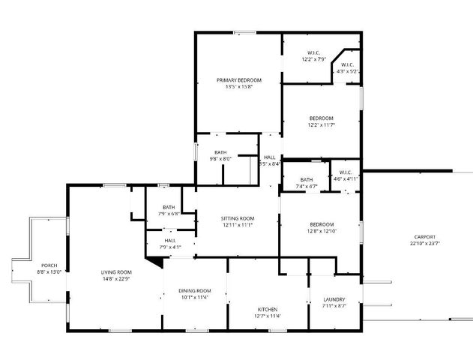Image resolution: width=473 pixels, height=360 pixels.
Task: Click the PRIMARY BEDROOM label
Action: pos(239,80)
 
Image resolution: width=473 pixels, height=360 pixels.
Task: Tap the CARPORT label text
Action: pos(424,236)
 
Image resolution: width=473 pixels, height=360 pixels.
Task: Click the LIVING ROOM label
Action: pos(116,271)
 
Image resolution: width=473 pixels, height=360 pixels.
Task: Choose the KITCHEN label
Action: pos(268,309)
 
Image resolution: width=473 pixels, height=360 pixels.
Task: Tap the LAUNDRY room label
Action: pos(333,299)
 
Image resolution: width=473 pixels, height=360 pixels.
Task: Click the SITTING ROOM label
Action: pos(237,217)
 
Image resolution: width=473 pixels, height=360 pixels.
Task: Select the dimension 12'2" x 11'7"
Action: pos(321,124)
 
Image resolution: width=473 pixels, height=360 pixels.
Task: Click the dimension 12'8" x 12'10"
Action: pos(321,232)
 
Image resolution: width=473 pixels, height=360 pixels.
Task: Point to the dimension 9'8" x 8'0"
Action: pos(220,158)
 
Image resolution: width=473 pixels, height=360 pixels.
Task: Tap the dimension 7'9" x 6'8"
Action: pos(169,213)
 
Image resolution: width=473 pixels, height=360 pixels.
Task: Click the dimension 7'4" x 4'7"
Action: pos(307,185)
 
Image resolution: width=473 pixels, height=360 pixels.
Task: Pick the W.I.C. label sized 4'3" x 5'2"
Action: pos(348,71)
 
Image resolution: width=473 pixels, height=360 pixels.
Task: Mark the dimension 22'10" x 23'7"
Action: pos(424,243)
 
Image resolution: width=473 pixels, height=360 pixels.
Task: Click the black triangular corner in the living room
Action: pos(155,261)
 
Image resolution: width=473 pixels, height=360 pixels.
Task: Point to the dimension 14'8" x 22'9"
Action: pos(116,278)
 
